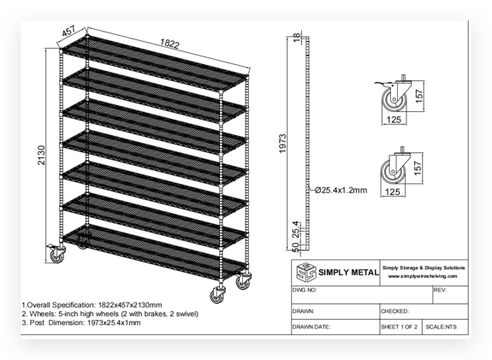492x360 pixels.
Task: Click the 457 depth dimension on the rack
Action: pyautogui.click(x=71, y=32)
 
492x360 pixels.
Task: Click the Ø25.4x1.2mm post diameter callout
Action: pyautogui.click(x=340, y=190)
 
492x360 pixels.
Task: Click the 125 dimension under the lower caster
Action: pyautogui.click(x=391, y=193)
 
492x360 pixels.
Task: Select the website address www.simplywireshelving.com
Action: pyautogui.click(x=424, y=276)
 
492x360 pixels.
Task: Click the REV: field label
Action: pyautogui.click(x=441, y=291)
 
